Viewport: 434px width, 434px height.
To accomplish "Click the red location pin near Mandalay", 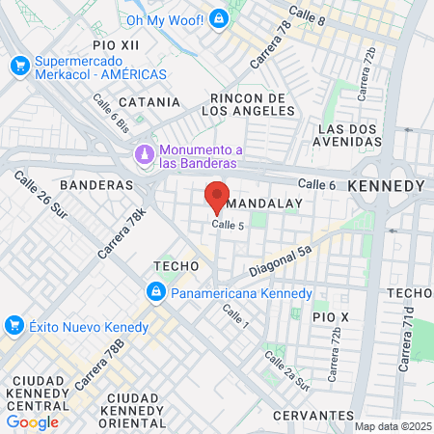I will (217, 196).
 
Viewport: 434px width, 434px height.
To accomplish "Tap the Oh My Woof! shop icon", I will (220, 18).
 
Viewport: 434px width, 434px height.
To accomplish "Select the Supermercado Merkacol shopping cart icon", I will (18, 66).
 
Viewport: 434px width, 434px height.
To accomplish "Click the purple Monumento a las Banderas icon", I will (144, 152).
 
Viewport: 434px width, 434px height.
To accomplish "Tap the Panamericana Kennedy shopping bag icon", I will (155, 292).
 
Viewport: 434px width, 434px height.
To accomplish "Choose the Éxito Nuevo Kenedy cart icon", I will (14, 325).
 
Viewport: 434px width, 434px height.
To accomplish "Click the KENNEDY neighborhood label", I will (386, 185).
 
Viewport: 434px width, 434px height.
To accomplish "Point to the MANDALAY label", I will (265, 203).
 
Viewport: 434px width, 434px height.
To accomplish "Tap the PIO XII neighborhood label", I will (116, 45).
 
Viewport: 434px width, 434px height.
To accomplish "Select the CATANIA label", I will (149, 101).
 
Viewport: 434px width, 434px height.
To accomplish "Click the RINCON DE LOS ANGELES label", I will (246, 104).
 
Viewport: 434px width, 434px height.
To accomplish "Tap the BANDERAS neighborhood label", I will (95, 184).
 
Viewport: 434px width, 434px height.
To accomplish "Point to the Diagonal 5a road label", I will (281, 260).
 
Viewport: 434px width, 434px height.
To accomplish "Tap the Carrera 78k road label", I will (121, 233).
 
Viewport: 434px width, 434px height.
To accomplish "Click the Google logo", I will (32, 421).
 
